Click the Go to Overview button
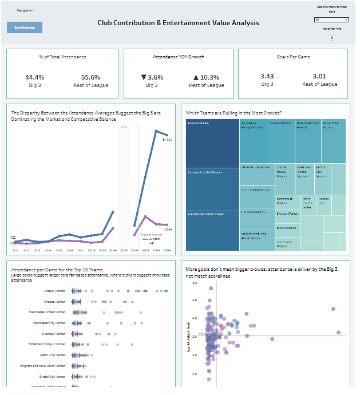[25, 27]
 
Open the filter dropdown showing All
[331, 19]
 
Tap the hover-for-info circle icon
[332, 37]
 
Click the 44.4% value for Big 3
[34, 77]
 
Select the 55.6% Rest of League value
[90, 77]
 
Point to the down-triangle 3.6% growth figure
[152, 77]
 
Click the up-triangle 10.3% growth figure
[207, 77]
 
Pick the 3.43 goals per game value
[267, 76]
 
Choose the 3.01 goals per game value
[319, 76]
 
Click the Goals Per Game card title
[292, 57]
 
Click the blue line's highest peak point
[156, 131]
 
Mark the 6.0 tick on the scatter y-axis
[195, 283]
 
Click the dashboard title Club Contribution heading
[178, 23]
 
